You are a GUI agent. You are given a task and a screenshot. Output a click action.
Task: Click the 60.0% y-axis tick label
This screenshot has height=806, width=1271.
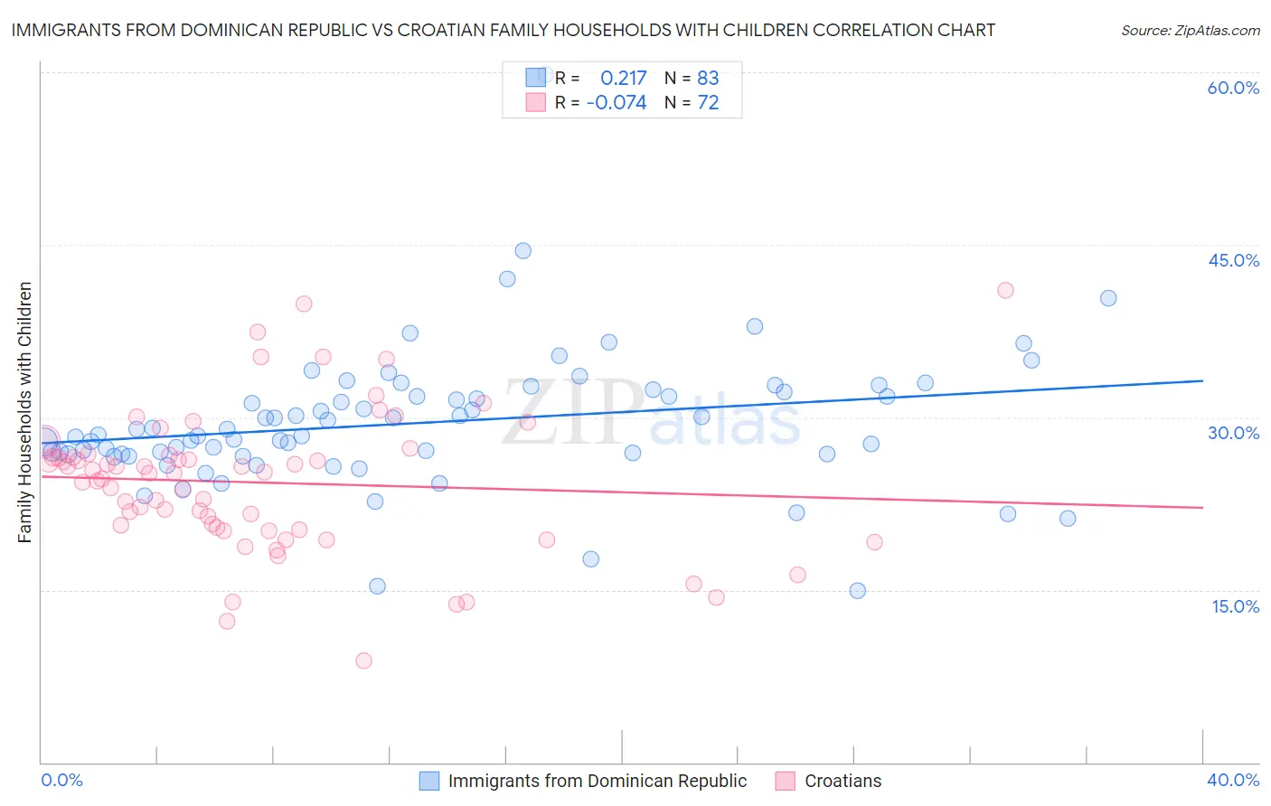pyautogui.click(x=1233, y=88)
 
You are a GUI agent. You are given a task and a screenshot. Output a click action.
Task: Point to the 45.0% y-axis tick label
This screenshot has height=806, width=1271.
pyautogui.click(x=1233, y=260)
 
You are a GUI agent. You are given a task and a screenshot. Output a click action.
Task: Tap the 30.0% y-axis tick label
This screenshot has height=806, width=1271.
pyautogui.click(x=1233, y=433)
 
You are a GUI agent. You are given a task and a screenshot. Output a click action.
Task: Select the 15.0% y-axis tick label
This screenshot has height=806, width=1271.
pyautogui.click(x=1235, y=605)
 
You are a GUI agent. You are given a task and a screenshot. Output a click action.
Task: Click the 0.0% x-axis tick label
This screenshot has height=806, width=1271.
pyautogui.click(x=61, y=780)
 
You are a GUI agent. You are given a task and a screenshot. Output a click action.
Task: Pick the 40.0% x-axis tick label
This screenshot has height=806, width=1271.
pyautogui.click(x=1233, y=780)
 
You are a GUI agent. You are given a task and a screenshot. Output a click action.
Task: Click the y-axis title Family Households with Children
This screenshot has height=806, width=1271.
pyautogui.click(x=24, y=412)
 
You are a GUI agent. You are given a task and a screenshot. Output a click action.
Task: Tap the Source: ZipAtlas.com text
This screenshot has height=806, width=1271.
pyautogui.click(x=1190, y=30)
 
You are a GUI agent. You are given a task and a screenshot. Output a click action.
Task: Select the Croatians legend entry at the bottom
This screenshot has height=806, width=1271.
pyautogui.click(x=843, y=781)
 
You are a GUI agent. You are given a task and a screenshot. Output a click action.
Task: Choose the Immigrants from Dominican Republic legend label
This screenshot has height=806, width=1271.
pyautogui.click(x=597, y=781)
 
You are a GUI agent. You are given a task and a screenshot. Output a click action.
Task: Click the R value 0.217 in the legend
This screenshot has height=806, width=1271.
pyautogui.click(x=623, y=78)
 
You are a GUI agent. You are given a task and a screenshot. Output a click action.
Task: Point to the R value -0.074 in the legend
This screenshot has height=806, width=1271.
pyautogui.click(x=617, y=103)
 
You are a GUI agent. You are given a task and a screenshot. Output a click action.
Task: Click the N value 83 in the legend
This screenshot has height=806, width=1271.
pyautogui.click(x=708, y=78)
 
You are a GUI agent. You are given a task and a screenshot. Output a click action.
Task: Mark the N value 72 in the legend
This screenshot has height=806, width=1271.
pyautogui.click(x=708, y=103)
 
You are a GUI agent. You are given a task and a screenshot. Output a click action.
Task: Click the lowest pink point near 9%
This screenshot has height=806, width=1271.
pyautogui.click(x=363, y=661)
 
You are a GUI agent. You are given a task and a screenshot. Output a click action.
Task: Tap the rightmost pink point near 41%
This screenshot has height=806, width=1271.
pyautogui.click(x=1005, y=290)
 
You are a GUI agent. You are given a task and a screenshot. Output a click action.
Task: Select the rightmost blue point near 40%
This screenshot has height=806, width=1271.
pyautogui.click(x=1108, y=298)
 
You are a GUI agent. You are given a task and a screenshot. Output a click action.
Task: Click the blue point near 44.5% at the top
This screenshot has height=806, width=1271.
pyautogui.click(x=523, y=250)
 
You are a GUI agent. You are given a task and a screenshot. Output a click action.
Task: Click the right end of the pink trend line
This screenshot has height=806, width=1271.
pyautogui.click(x=1202, y=508)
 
